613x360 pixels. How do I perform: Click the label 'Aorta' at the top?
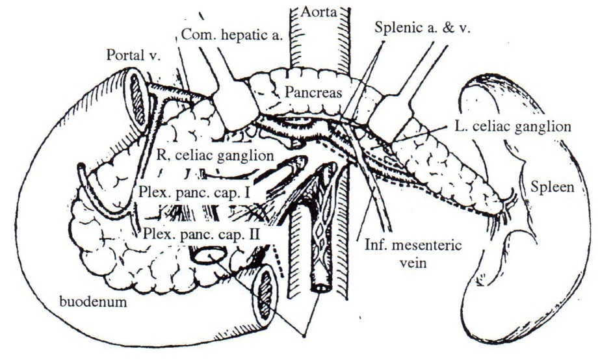(x=317, y=12)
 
